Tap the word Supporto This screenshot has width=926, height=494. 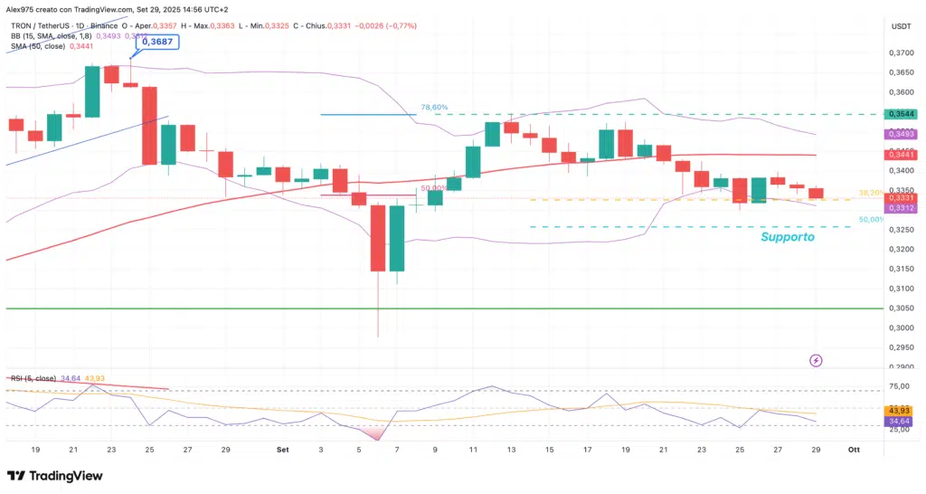pos(788,237)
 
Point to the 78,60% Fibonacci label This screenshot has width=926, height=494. pos(434,108)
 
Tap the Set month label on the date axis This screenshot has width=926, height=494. pos(282,449)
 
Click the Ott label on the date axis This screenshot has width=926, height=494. pos(854,449)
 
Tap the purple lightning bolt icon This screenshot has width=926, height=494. pos(817,360)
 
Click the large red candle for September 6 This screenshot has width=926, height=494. pos(377,237)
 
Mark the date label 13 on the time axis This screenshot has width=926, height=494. pos(511,449)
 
